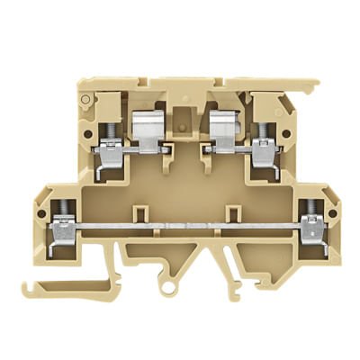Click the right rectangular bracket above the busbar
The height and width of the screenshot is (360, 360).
tap(233, 213)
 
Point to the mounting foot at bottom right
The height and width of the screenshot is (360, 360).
tap(270, 270)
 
